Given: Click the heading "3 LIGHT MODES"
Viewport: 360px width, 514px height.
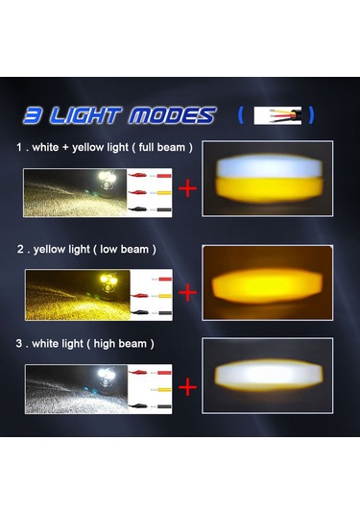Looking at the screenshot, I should point(119,116).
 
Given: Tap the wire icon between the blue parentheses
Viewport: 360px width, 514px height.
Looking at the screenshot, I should point(277,116).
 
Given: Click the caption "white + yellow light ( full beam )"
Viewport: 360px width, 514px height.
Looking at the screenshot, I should point(105,148).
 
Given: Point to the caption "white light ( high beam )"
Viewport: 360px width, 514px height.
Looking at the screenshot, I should point(84,343).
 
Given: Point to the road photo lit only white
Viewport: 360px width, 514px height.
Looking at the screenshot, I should point(74,387).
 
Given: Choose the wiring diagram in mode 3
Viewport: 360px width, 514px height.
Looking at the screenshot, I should point(149,387).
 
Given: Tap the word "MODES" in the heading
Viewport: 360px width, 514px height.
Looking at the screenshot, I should point(178,116).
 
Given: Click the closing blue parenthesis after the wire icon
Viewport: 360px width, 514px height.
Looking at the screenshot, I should point(312,116).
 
